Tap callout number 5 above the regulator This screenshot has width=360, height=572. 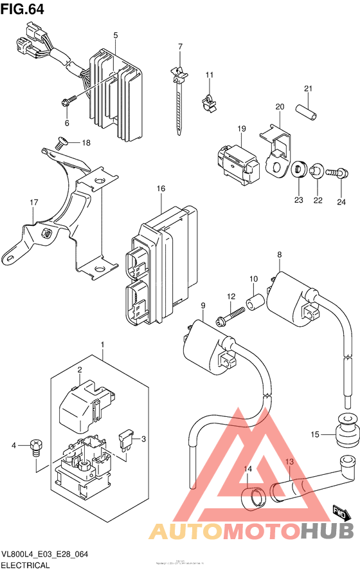pyautogui.click(x=116, y=35)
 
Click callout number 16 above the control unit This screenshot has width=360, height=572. pyautogui.click(x=161, y=189)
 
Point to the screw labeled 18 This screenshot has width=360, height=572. pyautogui.click(x=60, y=143)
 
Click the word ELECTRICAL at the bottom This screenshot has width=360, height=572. pyautogui.click(x=26, y=566)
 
